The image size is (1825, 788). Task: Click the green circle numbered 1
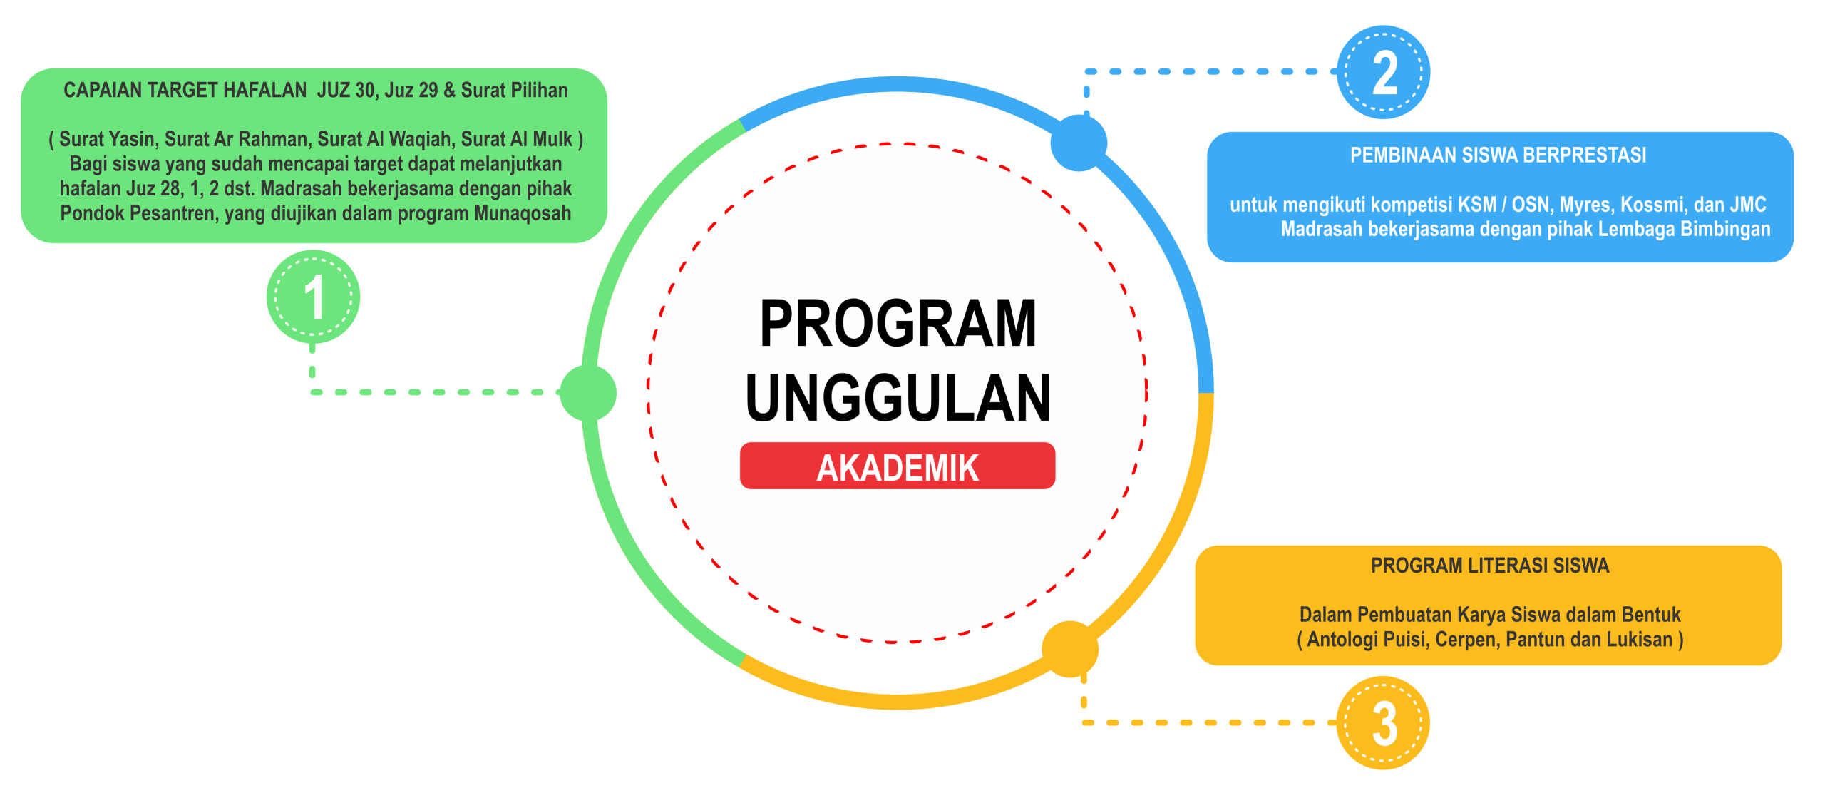[x=313, y=297]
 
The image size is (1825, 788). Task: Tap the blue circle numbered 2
[x=1383, y=72]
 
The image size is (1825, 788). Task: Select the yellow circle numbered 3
[x=1383, y=722]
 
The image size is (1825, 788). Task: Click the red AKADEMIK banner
[x=898, y=466]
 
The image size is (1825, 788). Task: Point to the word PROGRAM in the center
[x=898, y=324]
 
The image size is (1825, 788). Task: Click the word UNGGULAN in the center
[x=898, y=398]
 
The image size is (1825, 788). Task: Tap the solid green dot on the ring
[x=588, y=393]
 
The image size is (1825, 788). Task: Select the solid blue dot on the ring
[x=1079, y=143]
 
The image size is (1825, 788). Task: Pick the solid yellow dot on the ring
[x=1070, y=649]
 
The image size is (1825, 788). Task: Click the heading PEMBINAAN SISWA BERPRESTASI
[x=1498, y=155]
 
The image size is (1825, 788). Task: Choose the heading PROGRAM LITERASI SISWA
[x=1490, y=566]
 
